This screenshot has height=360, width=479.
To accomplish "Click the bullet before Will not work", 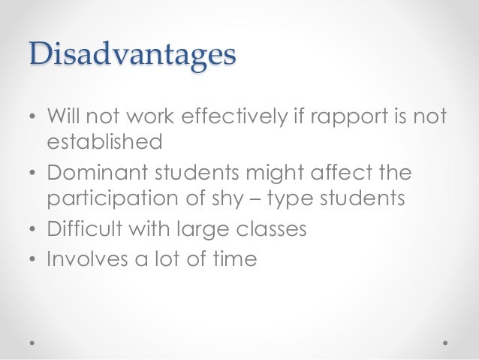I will coord(32,119).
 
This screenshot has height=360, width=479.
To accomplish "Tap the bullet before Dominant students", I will coord(32,174).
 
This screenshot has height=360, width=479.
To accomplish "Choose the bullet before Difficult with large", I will coord(32,229).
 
